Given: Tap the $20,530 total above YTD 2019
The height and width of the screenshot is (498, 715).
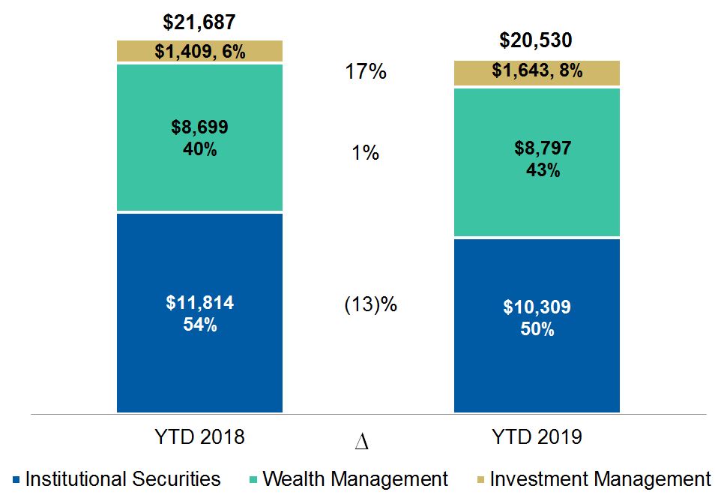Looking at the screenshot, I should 537,40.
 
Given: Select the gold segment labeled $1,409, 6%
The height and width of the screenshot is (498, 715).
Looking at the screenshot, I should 199,52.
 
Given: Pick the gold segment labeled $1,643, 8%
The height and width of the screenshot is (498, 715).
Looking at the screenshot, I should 537,72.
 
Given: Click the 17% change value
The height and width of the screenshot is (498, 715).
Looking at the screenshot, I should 365,72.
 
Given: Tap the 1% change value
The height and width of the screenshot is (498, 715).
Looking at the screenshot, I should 365,153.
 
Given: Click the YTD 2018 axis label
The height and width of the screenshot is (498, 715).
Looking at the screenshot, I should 199,437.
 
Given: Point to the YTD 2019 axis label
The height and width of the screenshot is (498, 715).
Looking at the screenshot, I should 537,437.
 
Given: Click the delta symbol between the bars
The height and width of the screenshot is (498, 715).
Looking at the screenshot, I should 361,443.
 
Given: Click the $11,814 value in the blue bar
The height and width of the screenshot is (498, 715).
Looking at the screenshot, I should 199,304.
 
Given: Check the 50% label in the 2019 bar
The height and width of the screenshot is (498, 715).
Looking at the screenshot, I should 537,328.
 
